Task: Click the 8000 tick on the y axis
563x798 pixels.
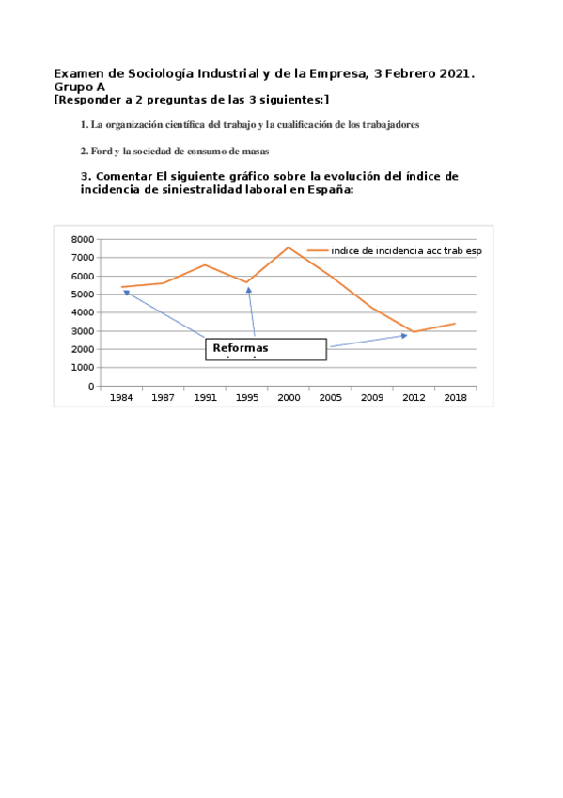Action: point(83,240)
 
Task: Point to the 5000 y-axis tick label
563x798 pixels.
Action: point(83,295)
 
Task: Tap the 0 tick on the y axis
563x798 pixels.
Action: point(92,386)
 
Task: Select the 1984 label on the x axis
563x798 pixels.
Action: point(121,398)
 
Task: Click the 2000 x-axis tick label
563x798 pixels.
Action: point(289,398)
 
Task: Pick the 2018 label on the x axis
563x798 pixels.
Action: point(455,398)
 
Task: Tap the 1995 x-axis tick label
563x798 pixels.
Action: point(247,398)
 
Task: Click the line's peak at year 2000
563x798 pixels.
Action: point(289,247)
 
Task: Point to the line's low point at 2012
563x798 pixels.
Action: point(414,332)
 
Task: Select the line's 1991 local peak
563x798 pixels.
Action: point(205,264)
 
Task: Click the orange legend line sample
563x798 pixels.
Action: point(318,250)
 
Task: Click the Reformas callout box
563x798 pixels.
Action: point(266,349)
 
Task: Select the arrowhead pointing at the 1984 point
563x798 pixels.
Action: point(126,292)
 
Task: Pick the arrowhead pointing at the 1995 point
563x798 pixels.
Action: point(249,290)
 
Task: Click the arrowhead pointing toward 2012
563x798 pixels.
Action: point(404,335)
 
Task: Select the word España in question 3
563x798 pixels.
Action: point(323,188)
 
